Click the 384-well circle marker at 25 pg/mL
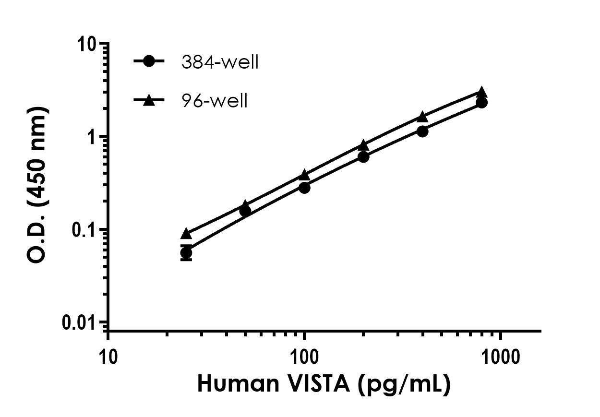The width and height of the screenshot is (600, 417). (x=186, y=253)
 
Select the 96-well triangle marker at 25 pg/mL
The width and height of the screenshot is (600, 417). (x=186, y=234)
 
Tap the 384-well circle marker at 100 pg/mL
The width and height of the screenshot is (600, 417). (x=304, y=188)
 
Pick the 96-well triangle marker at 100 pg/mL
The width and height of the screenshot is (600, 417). (x=304, y=175)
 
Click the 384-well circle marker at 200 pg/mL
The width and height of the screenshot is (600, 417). (x=363, y=157)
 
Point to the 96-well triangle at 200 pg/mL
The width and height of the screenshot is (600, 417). (x=363, y=144)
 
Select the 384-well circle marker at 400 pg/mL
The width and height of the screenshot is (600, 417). (x=422, y=131)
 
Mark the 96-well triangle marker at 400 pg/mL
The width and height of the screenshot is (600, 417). (x=422, y=117)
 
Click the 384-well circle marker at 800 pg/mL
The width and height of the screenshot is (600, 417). (x=482, y=103)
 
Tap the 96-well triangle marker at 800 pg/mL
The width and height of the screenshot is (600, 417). (x=482, y=92)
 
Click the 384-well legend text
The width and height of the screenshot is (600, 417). (x=220, y=62)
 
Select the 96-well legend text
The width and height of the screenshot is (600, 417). (x=215, y=101)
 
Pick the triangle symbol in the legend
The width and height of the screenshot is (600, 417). (x=149, y=100)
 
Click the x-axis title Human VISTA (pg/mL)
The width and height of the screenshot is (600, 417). (x=324, y=384)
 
